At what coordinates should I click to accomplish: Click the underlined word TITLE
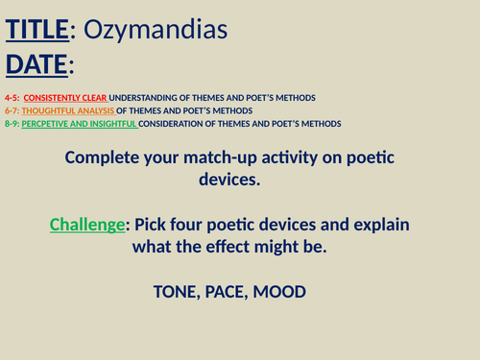(x=37, y=31)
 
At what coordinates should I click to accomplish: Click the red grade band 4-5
(x=12, y=98)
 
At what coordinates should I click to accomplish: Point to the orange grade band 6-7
(x=12, y=110)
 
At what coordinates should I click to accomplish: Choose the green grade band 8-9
(x=12, y=123)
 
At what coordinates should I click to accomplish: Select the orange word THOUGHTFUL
(x=55, y=110)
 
